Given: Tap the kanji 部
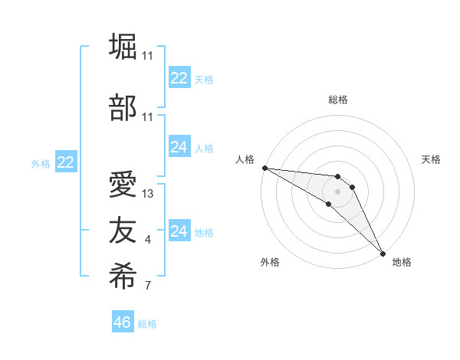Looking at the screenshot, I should click(123, 108).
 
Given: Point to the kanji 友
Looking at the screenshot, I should click(123, 231).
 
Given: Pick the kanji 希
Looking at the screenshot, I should click(123, 276).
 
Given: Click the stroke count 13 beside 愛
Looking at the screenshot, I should click(148, 194).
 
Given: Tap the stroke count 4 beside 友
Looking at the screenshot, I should click(148, 241).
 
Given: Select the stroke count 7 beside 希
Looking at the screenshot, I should click(148, 286).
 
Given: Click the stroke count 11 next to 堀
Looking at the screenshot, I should click(148, 56).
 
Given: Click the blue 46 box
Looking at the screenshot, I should click(123, 322).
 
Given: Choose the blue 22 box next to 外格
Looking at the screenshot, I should click(66, 162).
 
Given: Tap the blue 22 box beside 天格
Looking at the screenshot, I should click(179, 78).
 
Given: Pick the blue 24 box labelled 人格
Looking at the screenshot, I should click(179, 147).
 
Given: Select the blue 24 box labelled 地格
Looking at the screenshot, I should click(179, 231).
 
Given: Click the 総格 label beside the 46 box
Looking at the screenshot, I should click(147, 324).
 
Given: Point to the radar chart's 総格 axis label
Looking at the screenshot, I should click(337, 100).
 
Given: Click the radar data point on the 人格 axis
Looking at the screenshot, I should click(264, 168).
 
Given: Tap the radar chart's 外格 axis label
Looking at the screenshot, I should click(270, 263).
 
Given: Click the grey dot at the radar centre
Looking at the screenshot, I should click(337, 191).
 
